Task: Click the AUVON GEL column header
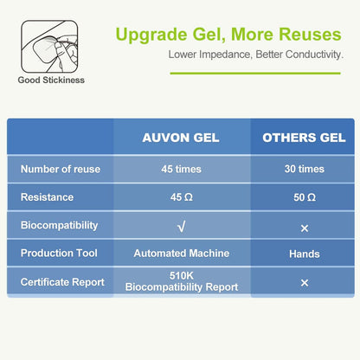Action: pos(182,138)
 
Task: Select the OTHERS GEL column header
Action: pos(304,138)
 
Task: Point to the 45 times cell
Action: pos(182,169)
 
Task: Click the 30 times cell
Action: pos(304,169)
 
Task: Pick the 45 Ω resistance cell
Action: pos(182,197)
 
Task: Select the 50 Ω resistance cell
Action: pos(304,197)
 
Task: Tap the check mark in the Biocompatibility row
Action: pos(182,226)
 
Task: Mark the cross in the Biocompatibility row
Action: pos(304,227)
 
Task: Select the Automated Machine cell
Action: pos(182,254)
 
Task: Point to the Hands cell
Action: pos(304,254)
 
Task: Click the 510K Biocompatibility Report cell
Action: pos(182,282)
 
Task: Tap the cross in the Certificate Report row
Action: pos(304,283)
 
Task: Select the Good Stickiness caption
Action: pos(51,80)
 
